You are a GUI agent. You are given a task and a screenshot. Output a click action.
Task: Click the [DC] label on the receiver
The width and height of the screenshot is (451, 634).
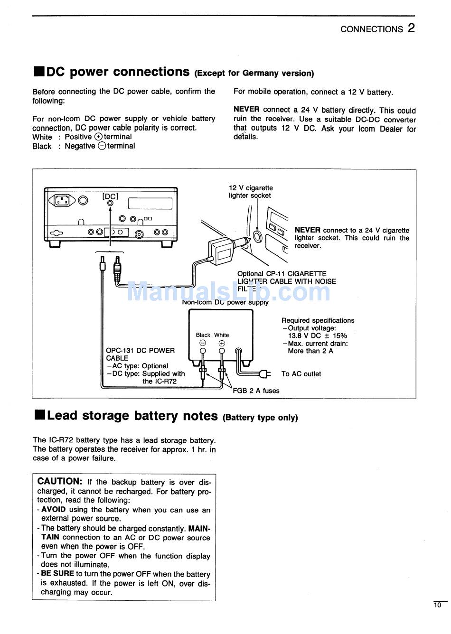point(110,196)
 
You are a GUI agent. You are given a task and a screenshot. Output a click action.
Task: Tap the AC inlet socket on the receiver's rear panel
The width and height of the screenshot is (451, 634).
point(62,200)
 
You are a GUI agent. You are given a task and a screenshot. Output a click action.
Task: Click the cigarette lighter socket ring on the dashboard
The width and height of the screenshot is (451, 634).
point(257,236)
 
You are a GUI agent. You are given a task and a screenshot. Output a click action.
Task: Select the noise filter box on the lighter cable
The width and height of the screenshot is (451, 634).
point(221,251)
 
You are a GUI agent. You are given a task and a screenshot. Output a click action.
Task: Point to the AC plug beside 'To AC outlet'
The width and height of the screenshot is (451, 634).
point(264,374)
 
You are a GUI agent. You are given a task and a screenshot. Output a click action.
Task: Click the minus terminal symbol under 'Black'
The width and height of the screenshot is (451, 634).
point(203,343)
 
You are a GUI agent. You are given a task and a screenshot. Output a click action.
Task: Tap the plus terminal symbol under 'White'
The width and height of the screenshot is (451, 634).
point(222,343)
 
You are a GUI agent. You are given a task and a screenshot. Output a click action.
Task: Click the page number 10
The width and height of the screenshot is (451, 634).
point(437,605)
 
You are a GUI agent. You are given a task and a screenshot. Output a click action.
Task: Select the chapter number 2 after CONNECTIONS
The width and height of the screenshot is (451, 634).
point(411,28)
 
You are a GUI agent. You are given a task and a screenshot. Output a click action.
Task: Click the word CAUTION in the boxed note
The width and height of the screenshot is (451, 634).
point(60,481)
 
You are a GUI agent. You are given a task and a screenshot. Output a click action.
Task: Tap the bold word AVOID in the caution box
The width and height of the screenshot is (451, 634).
point(54,510)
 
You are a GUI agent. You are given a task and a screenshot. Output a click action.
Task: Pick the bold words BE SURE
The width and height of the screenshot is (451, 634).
point(57,573)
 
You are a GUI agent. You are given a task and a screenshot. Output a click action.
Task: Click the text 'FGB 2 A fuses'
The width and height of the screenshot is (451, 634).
point(256,391)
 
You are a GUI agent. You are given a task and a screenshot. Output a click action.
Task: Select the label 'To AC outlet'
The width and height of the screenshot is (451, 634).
point(301,374)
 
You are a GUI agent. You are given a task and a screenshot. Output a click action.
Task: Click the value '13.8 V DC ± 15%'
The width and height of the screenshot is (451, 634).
point(317,336)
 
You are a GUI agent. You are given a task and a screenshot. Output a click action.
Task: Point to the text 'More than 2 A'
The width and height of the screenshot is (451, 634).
point(310,351)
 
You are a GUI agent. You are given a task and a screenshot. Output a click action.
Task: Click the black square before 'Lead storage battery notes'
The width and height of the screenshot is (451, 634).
point(39,416)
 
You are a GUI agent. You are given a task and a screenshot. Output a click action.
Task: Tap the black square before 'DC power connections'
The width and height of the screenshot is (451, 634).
point(39,72)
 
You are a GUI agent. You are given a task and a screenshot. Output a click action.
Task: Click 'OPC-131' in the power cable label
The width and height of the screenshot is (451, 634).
point(120,351)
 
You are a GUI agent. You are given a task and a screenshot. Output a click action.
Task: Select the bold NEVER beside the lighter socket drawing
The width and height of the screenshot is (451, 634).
point(307,230)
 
